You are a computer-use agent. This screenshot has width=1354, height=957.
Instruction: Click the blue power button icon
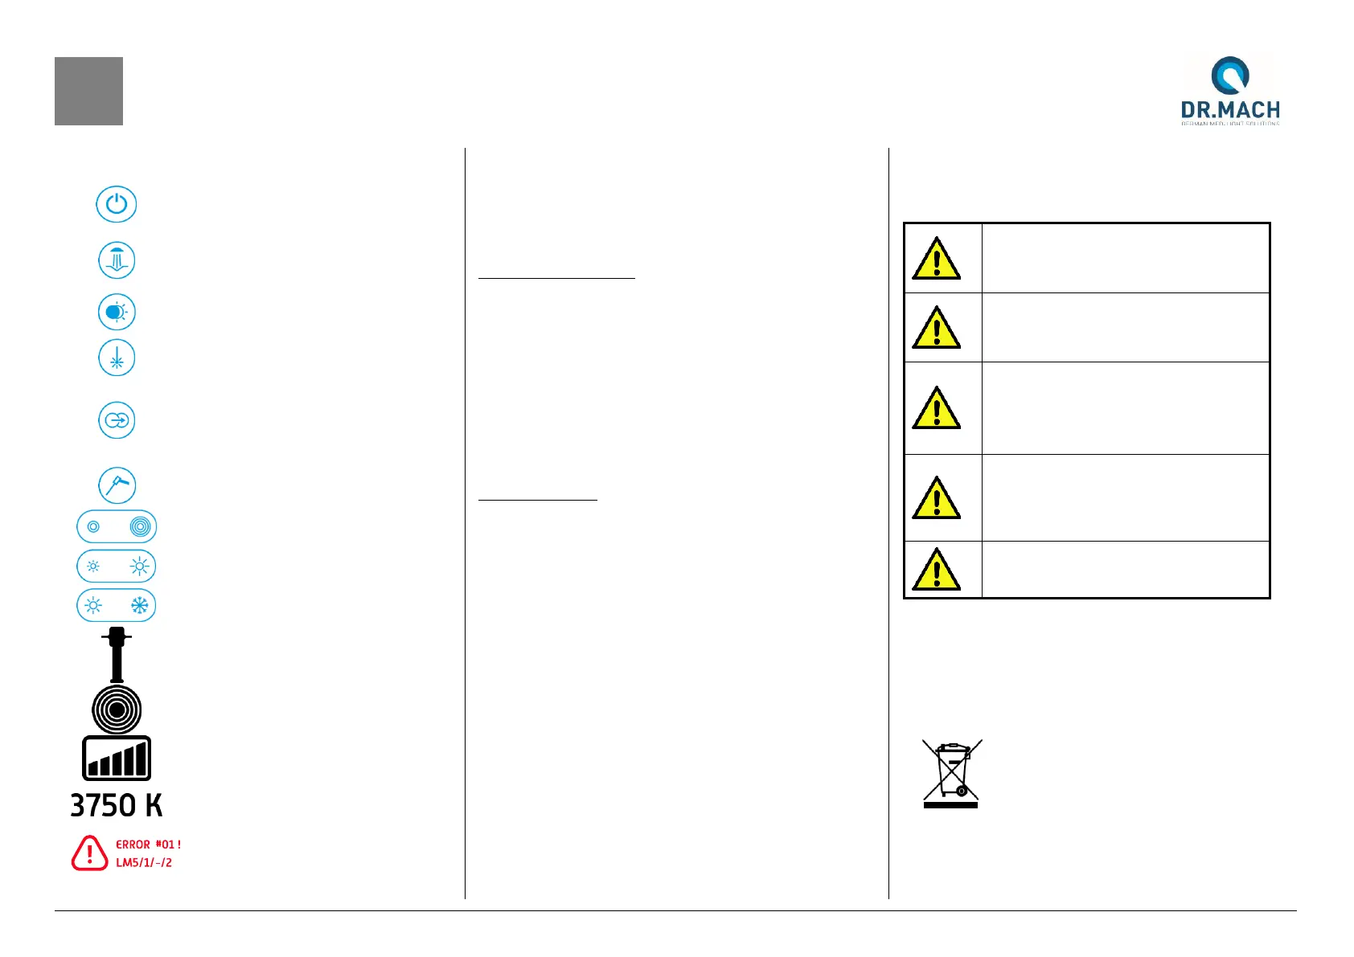(117, 204)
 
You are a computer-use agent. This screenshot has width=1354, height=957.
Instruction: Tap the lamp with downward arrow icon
(117, 260)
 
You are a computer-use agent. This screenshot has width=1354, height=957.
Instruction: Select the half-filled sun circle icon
(117, 312)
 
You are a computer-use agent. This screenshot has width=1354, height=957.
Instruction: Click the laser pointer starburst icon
(117, 358)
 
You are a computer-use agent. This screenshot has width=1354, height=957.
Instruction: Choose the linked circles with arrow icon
(117, 420)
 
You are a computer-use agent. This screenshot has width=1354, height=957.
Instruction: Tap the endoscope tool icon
(117, 485)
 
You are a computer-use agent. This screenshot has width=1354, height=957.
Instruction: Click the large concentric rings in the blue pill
(140, 527)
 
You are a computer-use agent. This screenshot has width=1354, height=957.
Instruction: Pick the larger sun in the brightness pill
(140, 566)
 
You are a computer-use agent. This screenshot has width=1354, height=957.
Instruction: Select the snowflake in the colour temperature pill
(140, 605)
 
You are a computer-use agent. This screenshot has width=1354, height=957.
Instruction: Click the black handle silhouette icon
(117, 654)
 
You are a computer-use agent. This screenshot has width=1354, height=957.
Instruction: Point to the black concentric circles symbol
(117, 710)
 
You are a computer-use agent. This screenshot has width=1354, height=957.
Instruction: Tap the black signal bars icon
(117, 758)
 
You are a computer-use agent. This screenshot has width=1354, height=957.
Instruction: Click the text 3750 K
(117, 805)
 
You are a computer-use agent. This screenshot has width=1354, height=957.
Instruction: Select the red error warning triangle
(89, 853)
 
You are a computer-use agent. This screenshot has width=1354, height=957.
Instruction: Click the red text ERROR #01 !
(148, 845)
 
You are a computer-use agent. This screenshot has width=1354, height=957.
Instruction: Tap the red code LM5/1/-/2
(144, 862)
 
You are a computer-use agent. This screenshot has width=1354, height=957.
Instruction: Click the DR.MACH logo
(1230, 90)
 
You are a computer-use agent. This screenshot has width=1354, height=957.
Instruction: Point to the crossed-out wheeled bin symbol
(951, 773)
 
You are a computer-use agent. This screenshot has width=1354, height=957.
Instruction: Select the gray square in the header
(88, 91)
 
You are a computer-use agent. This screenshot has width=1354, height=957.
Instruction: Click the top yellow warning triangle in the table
(936, 259)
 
